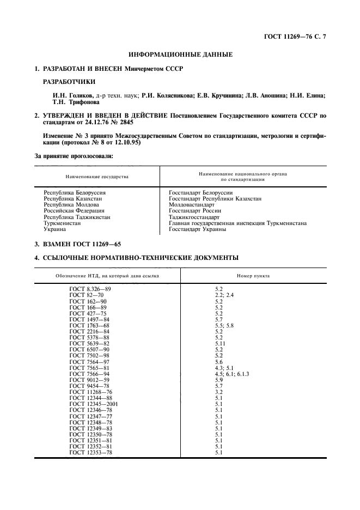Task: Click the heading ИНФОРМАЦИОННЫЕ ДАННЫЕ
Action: [180, 54]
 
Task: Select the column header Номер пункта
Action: [253, 276]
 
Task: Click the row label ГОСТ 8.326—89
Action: [90, 288]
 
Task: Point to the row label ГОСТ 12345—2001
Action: [93, 404]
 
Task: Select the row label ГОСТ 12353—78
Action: [91, 452]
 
